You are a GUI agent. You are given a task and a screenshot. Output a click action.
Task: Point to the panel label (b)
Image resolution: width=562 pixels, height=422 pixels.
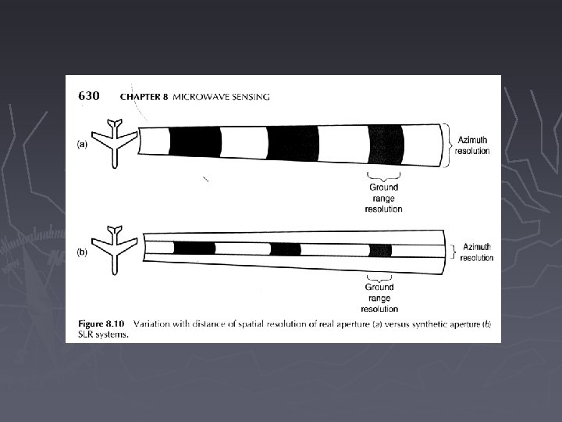[x=80, y=254]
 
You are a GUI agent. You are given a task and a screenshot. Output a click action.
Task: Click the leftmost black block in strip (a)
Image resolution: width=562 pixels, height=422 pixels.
[x=195, y=142]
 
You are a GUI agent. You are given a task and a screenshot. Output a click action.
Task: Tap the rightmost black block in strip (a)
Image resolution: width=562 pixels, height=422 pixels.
[x=385, y=144]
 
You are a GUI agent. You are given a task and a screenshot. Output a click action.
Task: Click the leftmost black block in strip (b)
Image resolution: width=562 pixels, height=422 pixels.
[x=194, y=249]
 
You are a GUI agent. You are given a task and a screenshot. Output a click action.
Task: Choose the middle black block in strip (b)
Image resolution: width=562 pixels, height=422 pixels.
[x=285, y=249]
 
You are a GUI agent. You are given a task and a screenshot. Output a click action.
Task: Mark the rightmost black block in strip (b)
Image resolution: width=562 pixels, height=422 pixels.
[x=380, y=250]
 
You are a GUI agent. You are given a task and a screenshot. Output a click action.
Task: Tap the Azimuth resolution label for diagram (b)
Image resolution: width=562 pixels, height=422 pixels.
[x=476, y=252]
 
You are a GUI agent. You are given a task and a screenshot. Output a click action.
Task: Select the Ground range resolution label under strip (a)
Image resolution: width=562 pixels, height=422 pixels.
[x=383, y=198]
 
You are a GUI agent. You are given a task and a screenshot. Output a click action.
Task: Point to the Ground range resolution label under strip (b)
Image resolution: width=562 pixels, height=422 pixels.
[x=381, y=298]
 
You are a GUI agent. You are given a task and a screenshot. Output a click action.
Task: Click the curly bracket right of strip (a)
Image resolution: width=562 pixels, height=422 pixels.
[x=447, y=145]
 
